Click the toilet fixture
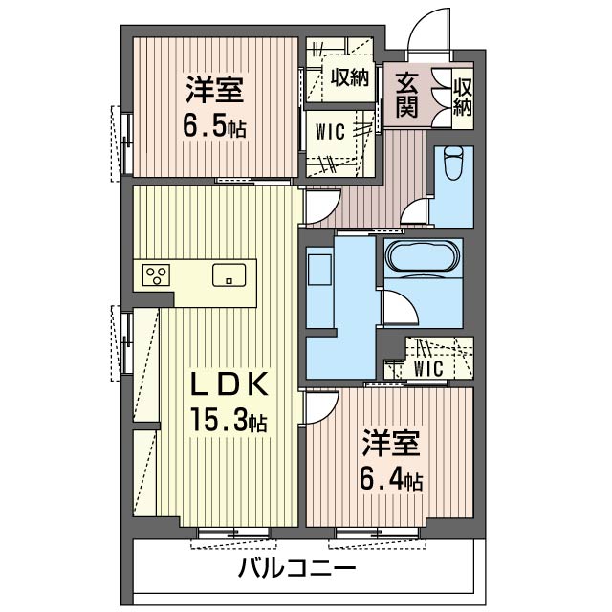453,163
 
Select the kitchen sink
229,274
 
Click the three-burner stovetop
156,274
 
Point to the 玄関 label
407,95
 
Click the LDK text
229,383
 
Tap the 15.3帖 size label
229,419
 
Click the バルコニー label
297,569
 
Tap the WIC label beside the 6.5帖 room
330,132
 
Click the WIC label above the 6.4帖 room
428,368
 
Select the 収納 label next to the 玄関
463,98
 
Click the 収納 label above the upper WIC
350,78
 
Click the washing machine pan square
319,270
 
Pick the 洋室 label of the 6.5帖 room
214,90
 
